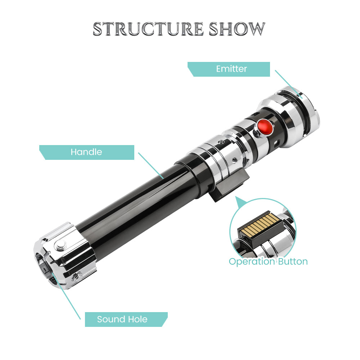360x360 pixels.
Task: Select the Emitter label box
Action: (x=230, y=69)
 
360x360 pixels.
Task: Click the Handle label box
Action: (x=86, y=152)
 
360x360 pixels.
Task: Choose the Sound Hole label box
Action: (x=122, y=319)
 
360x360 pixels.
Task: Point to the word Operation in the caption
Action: (x=252, y=261)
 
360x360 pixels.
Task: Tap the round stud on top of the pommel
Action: (x=59, y=246)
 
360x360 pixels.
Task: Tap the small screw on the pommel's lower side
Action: (x=76, y=277)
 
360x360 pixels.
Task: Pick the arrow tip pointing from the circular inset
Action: (x=237, y=197)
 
